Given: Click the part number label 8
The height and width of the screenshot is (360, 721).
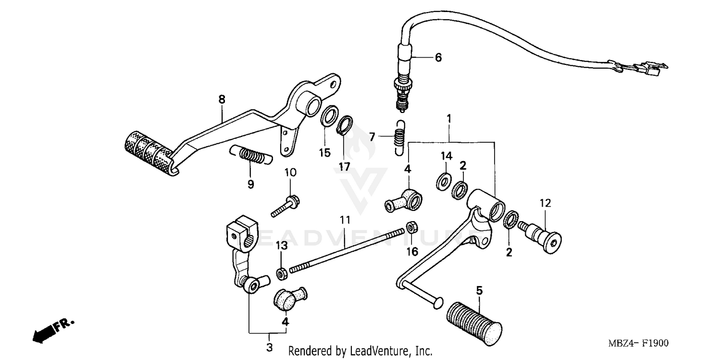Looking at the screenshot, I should pyautogui.click(x=222, y=99).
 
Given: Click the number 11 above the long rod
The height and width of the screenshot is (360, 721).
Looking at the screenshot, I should pyautogui.click(x=345, y=220).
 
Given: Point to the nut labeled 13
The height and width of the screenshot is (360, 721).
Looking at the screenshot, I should pyautogui.click(x=282, y=273).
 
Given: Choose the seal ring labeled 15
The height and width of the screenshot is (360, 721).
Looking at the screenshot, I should pyautogui.click(x=328, y=117).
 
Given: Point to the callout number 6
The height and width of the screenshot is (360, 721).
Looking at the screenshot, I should pyautogui.click(x=438, y=58).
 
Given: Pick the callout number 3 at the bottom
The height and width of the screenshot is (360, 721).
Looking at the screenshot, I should pyautogui.click(x=269, y=347).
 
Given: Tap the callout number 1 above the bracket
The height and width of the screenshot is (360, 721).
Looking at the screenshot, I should pyautogui.click(x=449, y=118).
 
